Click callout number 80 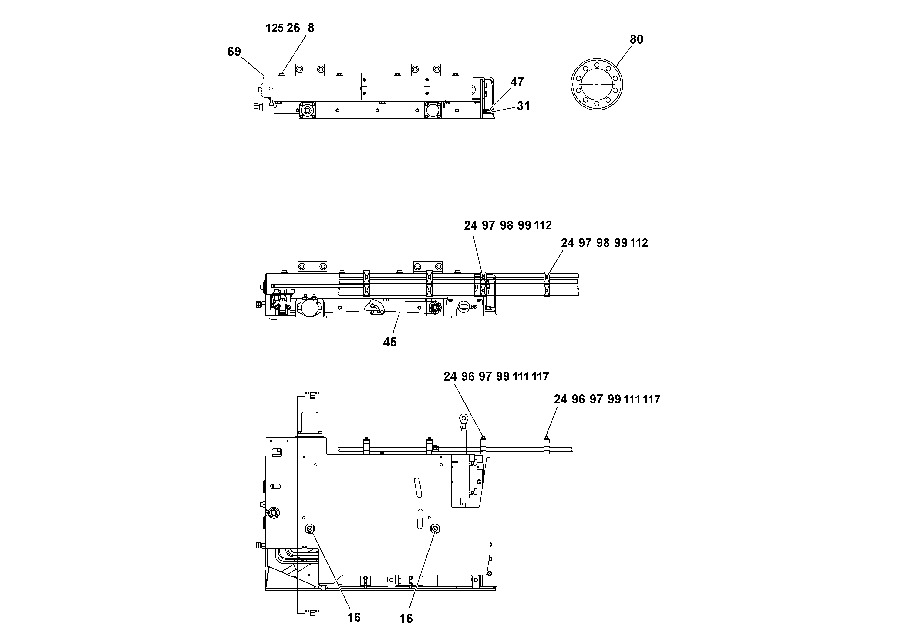(636, 39)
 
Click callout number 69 (234, 52)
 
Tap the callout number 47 (517, 82)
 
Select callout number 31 (523, 106)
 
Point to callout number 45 (390, 342)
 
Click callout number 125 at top (275, 28)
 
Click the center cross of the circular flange (597, 84)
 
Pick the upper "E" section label (312, 396)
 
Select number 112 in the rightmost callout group (639, 243)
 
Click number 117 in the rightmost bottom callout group (652, 399)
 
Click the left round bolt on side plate (309, 529)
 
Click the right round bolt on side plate (435, 529)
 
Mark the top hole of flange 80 (597, 65)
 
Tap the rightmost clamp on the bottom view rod (546, 446)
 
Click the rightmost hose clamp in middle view (546, 284)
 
